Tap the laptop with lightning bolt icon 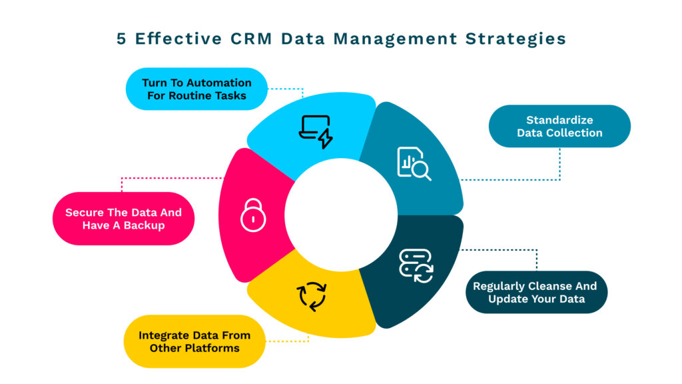[315, 131]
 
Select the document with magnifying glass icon [414, 163]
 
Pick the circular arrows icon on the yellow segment [312, 296]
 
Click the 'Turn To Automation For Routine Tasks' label [196, 89]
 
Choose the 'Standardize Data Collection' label [559, 126]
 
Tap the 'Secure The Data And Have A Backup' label [123, 219]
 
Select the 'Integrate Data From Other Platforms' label [194, 341]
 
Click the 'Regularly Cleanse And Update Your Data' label [536, 292]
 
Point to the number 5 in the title [121, 39]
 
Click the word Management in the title [392, 39]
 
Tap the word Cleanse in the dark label [540, 286]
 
